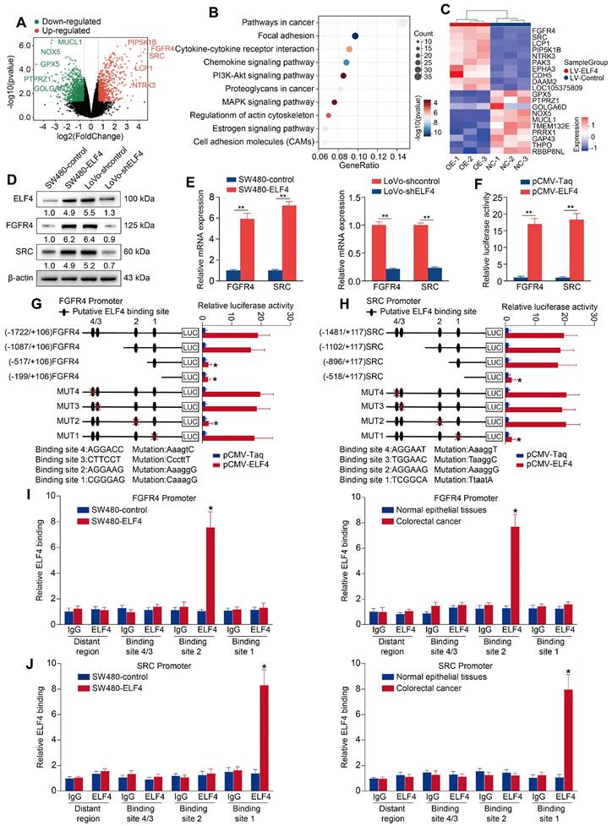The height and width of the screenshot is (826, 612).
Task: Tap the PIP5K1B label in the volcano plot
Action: point(145,41)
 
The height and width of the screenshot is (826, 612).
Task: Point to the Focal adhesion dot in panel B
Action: point(356,36)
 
